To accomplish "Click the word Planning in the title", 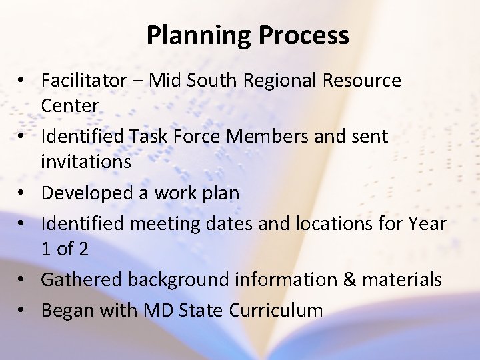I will (194, 35).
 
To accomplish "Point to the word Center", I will (69, 105).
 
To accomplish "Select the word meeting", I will (164, 224).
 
